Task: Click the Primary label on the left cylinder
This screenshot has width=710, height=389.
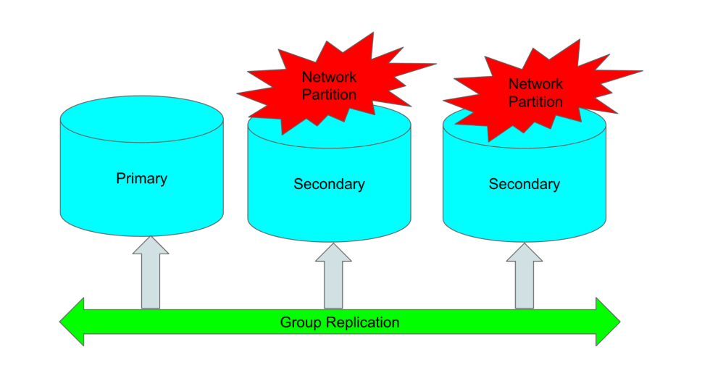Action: pyautogui.click(x=141, y=178)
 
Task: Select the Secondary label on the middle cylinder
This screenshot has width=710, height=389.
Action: pyautogui.click(x=329, y=184)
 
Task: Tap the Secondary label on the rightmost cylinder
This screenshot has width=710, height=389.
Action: pyautogui.click(x=524, y=184)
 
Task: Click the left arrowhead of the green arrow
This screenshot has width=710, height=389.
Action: pyautogui.click(x=72, y=322)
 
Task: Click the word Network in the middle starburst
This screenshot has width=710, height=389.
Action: pyautogui.click(x=330, y=77)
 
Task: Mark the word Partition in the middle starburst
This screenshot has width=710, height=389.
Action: pyautogui.click(x=330, y=95)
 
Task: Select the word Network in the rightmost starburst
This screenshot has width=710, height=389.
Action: pyautogui.click(x=535, y=84)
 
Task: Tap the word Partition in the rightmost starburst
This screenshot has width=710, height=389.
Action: pyautogui.click(x=535, y=102)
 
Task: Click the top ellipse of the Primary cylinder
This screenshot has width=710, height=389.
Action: pyautogui.click(x=141, y=119)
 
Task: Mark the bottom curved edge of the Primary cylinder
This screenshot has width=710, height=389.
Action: pyautogui.click(x=141, y=233)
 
